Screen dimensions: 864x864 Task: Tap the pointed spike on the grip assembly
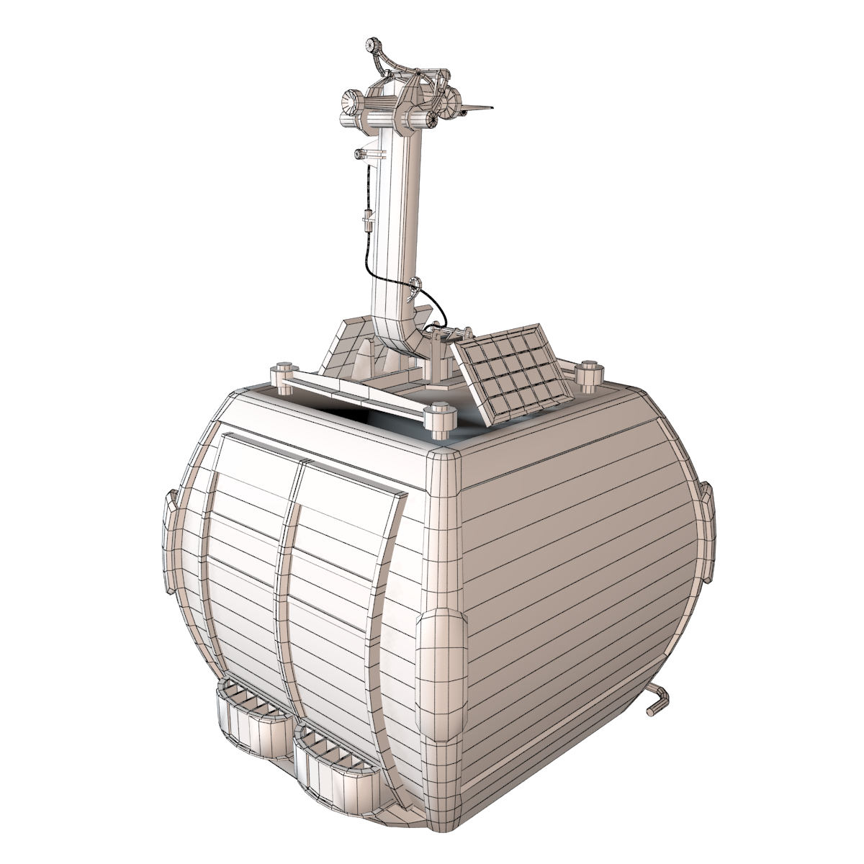click(480, 108)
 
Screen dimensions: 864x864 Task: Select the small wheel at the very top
click(373, 45)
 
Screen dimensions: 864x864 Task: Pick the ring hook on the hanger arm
click(414, 286)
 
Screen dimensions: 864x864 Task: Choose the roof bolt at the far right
click(588, 372)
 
